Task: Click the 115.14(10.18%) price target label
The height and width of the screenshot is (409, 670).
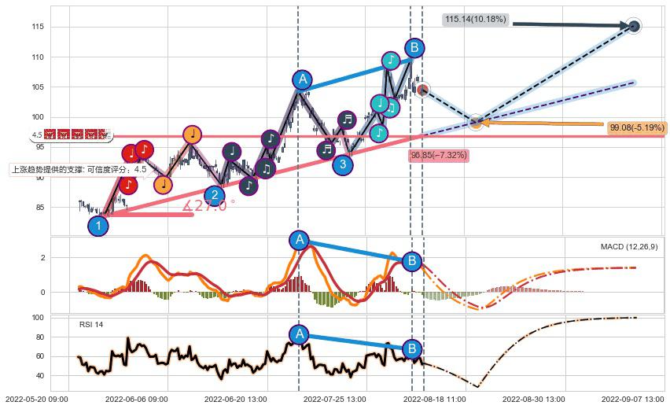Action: [476, 19]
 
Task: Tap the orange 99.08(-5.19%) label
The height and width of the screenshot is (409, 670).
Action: [637, 127]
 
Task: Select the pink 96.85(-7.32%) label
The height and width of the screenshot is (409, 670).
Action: [439, 156]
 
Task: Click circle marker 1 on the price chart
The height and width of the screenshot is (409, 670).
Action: [98, 226]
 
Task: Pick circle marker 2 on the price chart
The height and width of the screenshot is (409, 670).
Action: [214, 195]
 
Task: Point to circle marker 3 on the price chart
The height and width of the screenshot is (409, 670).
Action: [342, 164]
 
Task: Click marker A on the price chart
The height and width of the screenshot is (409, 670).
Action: [303, 79]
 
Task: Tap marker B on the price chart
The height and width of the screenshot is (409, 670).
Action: [414, 48]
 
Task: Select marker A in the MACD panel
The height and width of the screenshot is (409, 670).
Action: [299, 240]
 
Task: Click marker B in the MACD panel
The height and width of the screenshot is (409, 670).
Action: [411, 261]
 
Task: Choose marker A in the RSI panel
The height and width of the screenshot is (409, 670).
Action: [298, 334]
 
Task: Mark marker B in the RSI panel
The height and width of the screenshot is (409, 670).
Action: [411, 348]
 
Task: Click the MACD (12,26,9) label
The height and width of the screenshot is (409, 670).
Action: [629, 247]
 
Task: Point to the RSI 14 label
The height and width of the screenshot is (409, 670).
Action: [91, 325]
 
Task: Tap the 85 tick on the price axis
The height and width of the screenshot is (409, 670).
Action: [38, 208]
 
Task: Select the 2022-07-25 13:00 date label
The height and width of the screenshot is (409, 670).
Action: [330, 400]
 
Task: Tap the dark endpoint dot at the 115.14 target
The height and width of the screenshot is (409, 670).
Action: [634, 26]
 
